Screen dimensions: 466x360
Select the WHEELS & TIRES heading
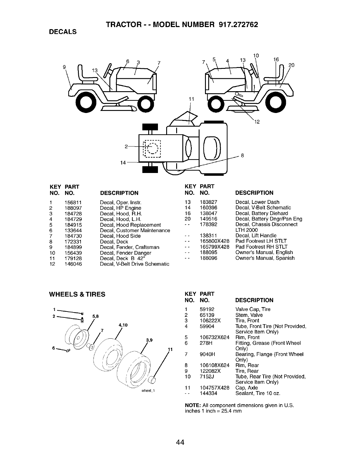pyautogui.click(x=77, y=294)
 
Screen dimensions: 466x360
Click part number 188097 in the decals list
pyautogui.click(x=73, y=208)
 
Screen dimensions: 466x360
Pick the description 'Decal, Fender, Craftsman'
pyautogui.click(x=129, y=247)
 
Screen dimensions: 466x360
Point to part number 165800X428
pyautogui.click(x=214, y=241)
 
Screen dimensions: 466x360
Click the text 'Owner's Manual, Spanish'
pyautogui.click(x=265, y=258)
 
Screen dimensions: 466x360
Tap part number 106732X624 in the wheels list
pyautogui.click(x=214, y=337)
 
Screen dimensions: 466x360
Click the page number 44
pyautogui.click(x=180, y=442)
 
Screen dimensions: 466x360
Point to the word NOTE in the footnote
pyautogui.click(x=191, y=405)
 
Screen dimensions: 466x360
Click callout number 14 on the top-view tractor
pyautogui.click(x=123, y=162)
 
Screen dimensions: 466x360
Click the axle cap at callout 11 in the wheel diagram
pyautogui.click(x=152, y=380)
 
